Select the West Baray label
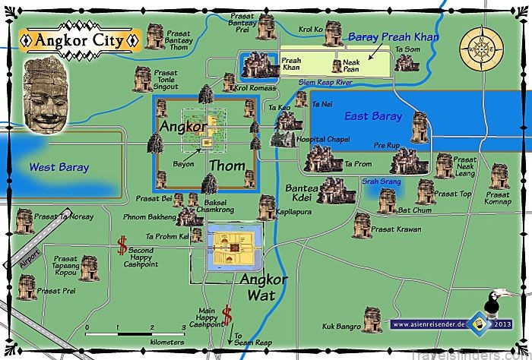[x=59, y=167]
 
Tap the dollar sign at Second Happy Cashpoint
[x=122, y=245]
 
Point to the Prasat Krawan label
[x=394, y=230]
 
